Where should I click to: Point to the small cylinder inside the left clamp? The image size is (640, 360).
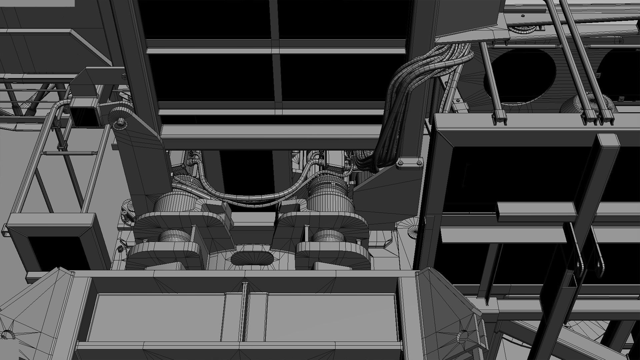pyautogui.click(x=174, y=236)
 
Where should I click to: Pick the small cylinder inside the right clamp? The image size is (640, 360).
pyautogui.click(x=328, y=236)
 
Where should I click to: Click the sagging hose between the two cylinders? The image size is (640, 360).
pyautogui.click(x=253, y=197)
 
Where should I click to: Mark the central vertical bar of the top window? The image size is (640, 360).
pyautogui.click(x=275, y=50)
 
